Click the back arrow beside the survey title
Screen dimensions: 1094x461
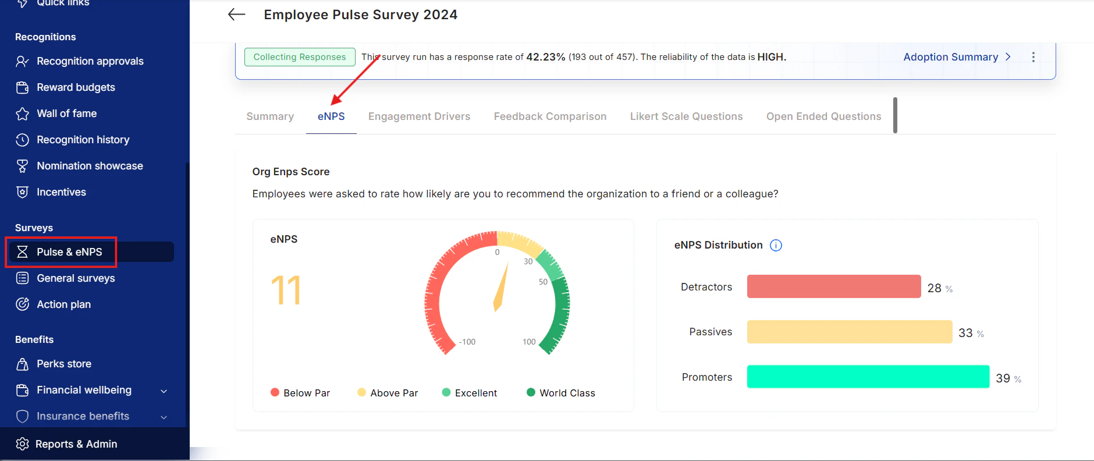[236, 15]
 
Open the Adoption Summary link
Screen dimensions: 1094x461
[957, 57]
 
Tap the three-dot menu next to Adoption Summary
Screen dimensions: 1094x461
[1033, 57]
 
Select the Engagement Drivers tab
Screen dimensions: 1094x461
[419, 116]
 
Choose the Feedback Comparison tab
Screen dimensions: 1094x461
[550, 116]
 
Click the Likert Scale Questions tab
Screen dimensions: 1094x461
[686, 116]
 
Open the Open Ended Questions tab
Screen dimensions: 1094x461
[823, 116]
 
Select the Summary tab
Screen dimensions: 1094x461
[270, 116]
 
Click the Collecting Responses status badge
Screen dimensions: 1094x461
[300, 57]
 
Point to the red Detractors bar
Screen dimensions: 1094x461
[834, 286]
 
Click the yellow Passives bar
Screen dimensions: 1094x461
[850, 332]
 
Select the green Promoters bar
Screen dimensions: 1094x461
[868, 377]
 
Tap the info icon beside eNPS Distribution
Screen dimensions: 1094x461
[776, 245]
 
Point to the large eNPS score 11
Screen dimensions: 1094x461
[286, 290]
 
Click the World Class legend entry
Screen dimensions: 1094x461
[561, 393]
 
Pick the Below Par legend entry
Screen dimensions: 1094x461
[300, 393]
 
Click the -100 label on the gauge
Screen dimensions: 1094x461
[467, 342]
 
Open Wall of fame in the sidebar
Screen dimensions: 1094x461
[66, 114]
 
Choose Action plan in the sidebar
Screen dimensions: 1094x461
[63, 304]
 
